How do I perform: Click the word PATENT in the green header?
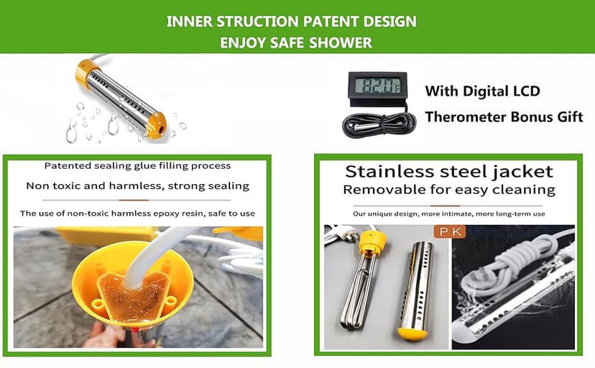pos(331,22)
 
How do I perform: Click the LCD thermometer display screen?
pos(380,85)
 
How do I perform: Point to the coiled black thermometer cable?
pos(379,124)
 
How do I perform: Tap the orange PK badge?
pos(450,231)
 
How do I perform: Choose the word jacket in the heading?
pos(523,172)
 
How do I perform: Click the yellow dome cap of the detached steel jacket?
pos(412,333)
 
